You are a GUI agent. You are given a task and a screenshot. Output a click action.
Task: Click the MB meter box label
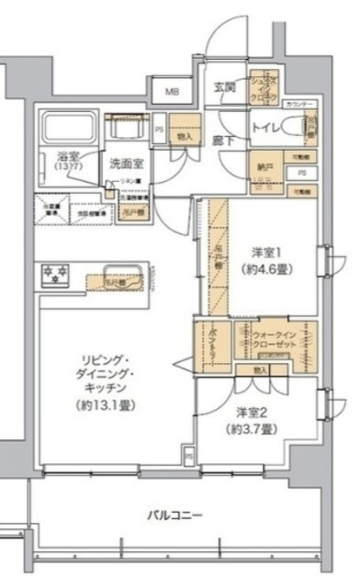pos(173,93)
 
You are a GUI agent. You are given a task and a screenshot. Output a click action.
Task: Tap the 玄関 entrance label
pos(225,87)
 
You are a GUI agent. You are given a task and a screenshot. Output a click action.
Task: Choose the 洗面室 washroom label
pos(127,164)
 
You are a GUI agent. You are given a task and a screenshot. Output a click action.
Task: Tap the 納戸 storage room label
pos(265,168)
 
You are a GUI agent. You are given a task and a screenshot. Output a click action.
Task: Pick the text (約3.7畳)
pos(247,429)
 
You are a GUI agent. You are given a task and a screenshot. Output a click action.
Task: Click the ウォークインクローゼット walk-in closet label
pos(271,341)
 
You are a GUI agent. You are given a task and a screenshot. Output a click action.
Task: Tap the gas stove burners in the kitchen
pos(55,273)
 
